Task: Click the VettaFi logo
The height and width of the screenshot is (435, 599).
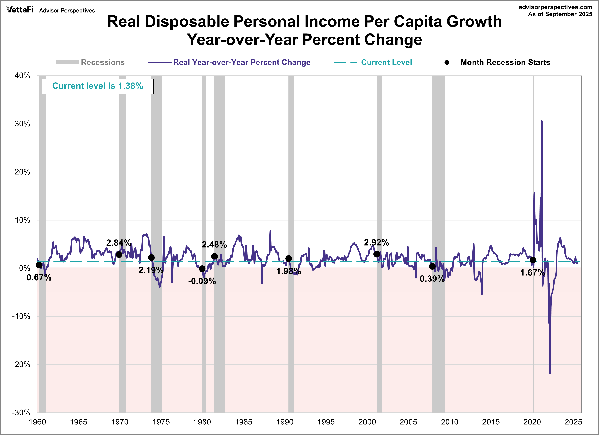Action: [20, 10]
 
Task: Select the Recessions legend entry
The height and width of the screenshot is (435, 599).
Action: [90, 62]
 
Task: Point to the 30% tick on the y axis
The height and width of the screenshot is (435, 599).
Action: [22, 124]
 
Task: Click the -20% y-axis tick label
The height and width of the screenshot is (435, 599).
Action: [21, 364]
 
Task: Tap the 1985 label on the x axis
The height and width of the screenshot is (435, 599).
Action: [243, 422]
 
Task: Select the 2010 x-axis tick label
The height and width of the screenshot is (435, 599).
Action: [450, 422]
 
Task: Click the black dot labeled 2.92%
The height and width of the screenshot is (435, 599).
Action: [377, 254]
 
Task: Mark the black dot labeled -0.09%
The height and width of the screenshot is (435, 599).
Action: [202, 269]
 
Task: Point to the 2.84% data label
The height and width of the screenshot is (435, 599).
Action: [119, 243]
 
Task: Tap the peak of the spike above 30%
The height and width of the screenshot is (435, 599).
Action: [542, 121]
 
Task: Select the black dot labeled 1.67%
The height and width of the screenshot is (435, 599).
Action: [533, 260]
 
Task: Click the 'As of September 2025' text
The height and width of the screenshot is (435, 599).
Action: [560, 14]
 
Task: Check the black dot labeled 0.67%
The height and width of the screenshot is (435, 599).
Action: [39, 265]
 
